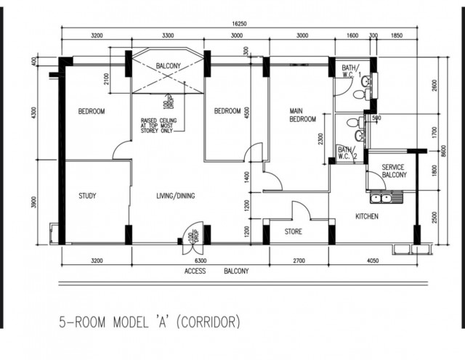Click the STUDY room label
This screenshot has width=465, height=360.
coord(87,196)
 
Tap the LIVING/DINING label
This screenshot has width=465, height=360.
coord(176,196)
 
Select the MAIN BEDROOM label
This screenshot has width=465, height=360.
coord(302,115)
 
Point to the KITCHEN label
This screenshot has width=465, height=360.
coord(367,216)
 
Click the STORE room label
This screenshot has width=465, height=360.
coord(294,232)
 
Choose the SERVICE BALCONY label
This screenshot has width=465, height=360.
coord(394,171)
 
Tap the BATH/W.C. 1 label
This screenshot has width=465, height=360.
coord(351,71)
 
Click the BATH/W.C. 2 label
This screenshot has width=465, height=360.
coord(347,153)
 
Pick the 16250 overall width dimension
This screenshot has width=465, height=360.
coord(239,24)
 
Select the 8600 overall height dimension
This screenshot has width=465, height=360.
coord(443,152)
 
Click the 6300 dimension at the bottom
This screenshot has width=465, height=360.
coord(201,261)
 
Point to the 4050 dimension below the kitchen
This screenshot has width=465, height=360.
coord(373,261)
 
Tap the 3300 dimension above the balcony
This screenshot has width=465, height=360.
coord(168,36)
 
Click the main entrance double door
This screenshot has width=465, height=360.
coord(193,238)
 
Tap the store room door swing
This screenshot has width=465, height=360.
coord(301,210)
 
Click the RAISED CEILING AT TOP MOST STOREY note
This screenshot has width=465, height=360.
coord(158,126)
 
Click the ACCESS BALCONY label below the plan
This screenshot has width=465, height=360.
coord(217,271)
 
